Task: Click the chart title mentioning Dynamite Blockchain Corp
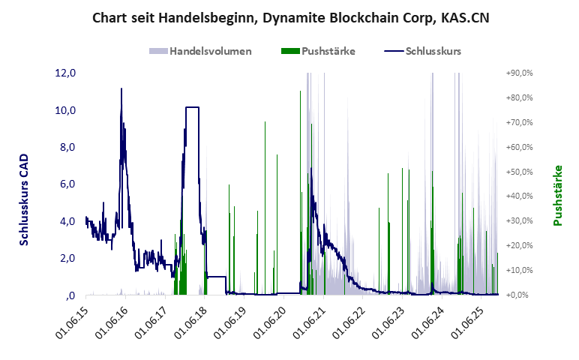tap(290, 17)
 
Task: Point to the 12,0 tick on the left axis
tap(66, 73)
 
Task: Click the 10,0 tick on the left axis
tap(66, 110)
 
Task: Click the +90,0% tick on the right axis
tap(517, 73)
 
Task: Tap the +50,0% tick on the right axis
tap(517, 172)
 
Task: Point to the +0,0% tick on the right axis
tap(519, 295)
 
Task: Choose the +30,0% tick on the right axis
tap(517, 221)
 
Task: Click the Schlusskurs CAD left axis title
tap(24, 200)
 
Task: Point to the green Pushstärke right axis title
tap(558, 196)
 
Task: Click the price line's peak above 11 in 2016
tap(121, 89)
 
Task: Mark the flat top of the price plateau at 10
tap(192, 107)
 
